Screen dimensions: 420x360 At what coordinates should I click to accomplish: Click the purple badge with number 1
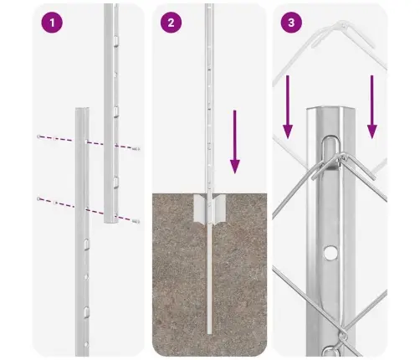tap(52, 23)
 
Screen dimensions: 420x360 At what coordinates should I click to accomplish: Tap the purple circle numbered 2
tap(171, 23)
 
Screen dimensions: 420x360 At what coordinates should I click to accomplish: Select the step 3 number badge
tap(291, 23)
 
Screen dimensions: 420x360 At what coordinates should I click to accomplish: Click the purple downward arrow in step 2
tap(235, 141)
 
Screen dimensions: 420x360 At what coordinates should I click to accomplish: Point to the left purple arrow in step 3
tap(288, 107)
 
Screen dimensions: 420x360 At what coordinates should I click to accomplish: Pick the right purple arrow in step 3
tap(371, 107)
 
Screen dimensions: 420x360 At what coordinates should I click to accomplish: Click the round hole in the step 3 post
tap(330, 252)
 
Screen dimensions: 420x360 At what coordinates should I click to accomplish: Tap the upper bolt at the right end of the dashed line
tap(136, 149)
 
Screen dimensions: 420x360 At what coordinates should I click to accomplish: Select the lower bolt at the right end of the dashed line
tap(136, 222)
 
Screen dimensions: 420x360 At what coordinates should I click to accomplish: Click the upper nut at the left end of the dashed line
tap(38, 136)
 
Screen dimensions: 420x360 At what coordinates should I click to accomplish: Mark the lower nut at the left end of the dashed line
tap(38, 198)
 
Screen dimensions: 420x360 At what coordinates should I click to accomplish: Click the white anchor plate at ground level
tap(209, 208)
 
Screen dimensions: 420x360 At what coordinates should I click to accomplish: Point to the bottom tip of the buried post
tap(209, 333)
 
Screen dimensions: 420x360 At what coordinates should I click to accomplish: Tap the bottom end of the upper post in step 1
tap(111, 220)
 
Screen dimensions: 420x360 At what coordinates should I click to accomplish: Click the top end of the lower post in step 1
tap(82, 109)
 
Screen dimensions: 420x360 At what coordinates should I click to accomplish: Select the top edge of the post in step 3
tap(330, 108)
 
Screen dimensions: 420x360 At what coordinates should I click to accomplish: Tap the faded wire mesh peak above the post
tap(342, 25)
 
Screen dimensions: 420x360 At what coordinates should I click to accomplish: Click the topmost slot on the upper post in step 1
tap(115, 40)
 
